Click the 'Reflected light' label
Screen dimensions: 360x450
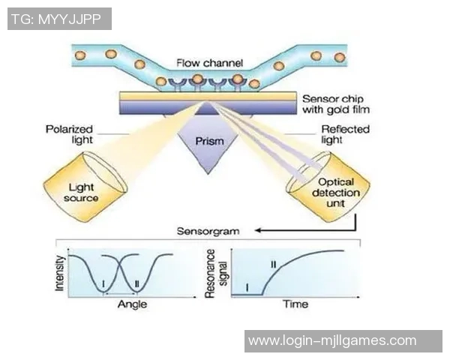coord(345,134)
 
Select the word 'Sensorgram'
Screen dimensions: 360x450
coord(209,231)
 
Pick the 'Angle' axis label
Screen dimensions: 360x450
coord(133,304)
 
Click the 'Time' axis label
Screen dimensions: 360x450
coord(295,304)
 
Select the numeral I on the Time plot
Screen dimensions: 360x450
coord(247,286)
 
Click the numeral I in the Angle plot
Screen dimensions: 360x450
coord(104,283)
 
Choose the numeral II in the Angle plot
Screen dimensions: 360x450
coord(136,283)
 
